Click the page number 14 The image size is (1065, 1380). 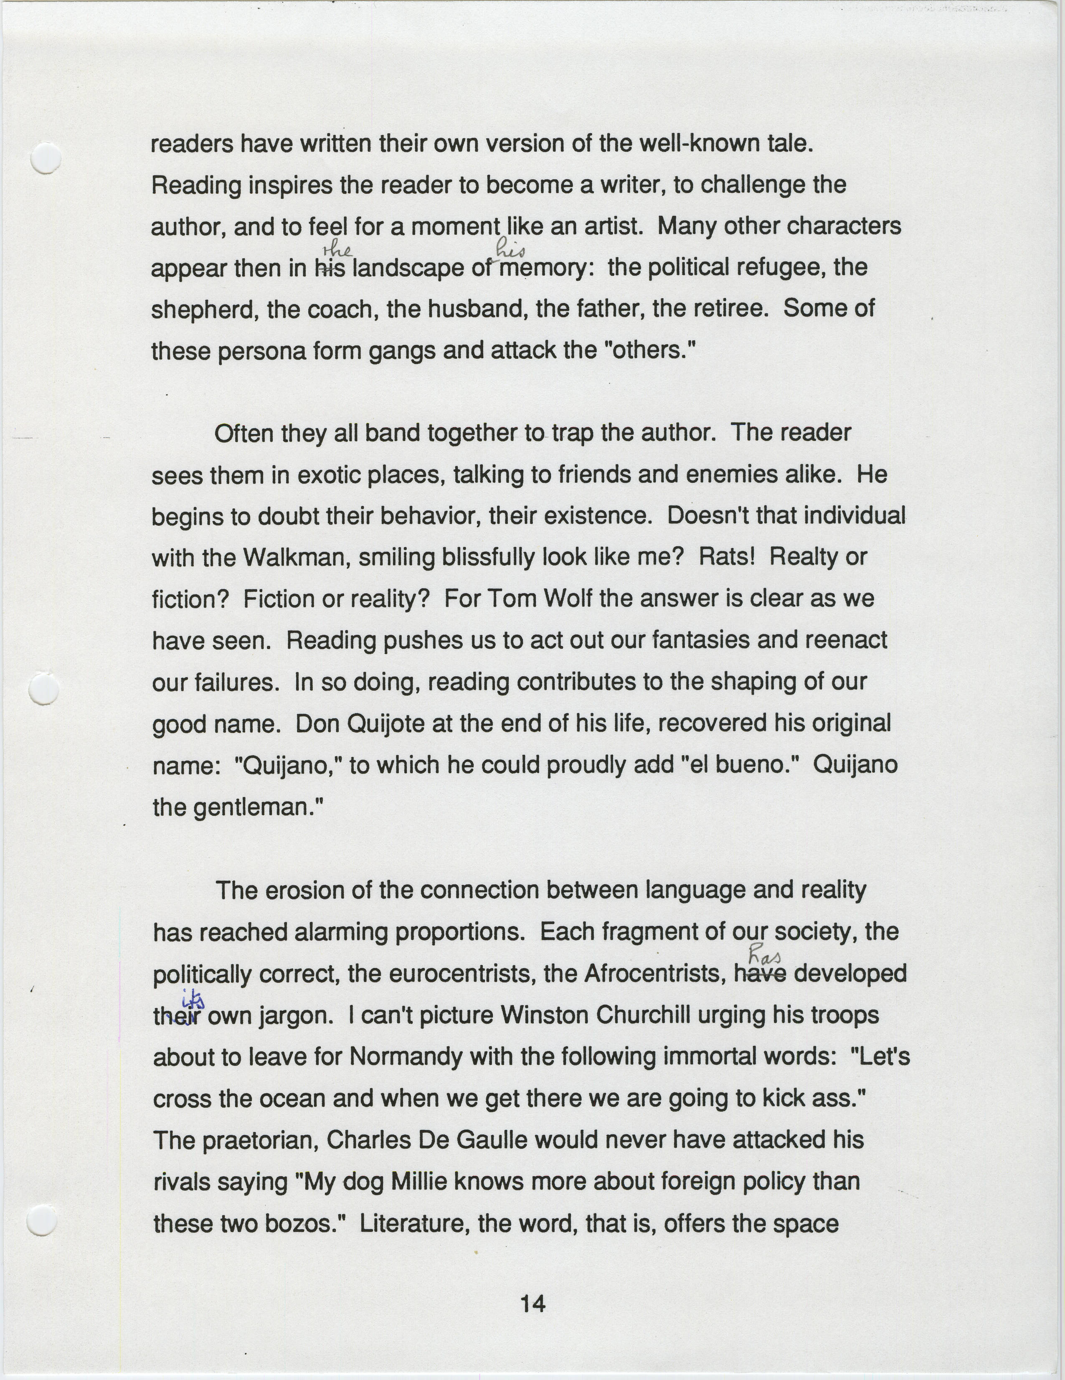pos(532,1303)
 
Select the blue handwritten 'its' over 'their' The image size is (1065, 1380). pos(192,999)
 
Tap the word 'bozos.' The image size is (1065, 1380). pos(306,1223)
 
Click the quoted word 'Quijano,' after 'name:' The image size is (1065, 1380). pos(288,766)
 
